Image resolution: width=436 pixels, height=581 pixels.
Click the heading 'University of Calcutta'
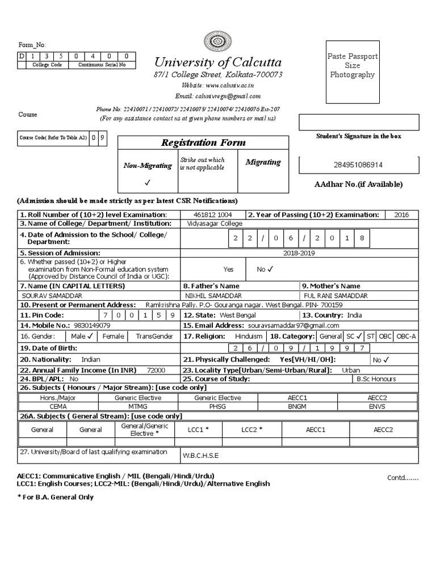click(217, 62)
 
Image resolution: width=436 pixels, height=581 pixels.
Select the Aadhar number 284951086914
click(358, 165)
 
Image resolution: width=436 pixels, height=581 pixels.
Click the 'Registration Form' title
click(204, 142)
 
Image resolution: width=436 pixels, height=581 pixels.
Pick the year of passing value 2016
click(400, 215)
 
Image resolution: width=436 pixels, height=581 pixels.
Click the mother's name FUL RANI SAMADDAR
click(335, 296)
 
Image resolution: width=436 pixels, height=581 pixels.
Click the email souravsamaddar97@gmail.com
click(294, 326)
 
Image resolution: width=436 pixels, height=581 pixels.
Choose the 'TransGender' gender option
click(154, 336)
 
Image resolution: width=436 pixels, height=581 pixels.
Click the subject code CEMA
click(58, 406)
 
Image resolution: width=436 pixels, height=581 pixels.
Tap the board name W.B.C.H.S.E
click(200, 456)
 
